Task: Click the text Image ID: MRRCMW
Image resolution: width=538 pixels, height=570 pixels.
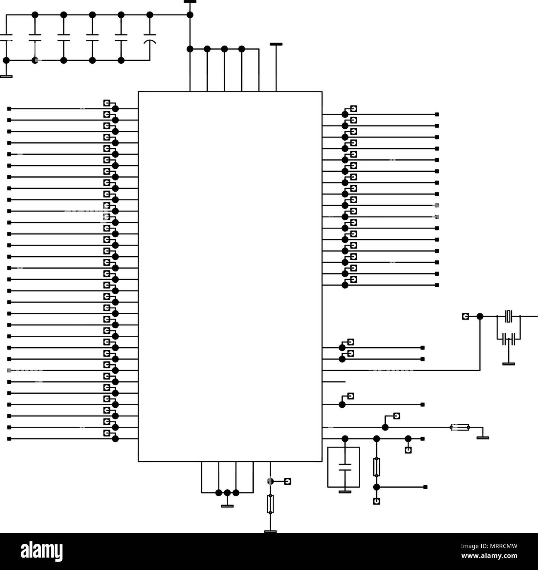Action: click(489, 546)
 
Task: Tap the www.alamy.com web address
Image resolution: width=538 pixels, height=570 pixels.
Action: click(489, 556)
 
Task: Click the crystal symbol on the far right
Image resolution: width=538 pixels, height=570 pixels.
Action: click(509, 316)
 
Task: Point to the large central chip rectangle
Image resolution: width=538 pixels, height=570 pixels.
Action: click(230, 277)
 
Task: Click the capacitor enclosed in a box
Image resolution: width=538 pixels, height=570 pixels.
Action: click(345, 467)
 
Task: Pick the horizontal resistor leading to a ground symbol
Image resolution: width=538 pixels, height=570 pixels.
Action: click(460, 427)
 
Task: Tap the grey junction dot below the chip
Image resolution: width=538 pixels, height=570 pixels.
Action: click(270, 481)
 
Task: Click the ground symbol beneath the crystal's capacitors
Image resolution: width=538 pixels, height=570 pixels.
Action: click(509, 364)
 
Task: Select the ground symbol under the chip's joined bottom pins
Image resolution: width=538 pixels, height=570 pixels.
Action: click(227, 506)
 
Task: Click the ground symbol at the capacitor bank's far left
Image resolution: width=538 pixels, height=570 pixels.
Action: click(6, 76)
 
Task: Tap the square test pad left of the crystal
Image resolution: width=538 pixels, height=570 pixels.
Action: click(465, 316)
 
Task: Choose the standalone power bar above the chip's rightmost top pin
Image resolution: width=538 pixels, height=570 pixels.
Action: click(276, 44)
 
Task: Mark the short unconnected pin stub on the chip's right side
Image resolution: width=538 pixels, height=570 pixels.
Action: click(334, 382)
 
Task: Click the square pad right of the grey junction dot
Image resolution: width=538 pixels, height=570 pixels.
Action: click(287, 481)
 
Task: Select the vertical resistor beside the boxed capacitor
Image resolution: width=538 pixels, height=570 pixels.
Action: click(376, 467)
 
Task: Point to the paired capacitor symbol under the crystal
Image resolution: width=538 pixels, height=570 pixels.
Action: click(509, 339)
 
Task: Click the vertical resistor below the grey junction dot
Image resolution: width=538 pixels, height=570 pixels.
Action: click(270, 504)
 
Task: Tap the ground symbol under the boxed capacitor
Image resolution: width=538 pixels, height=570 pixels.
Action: click(345, 492)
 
